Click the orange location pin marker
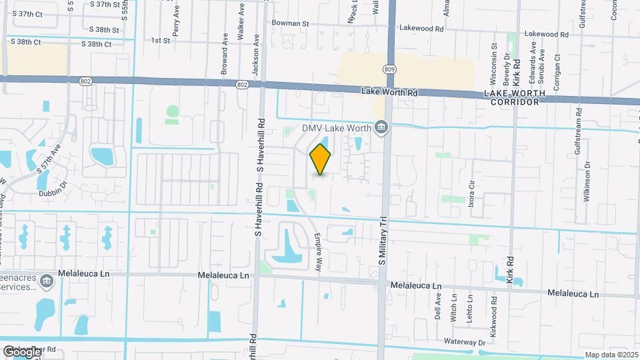click(x=321, y=159)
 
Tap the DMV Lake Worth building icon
click(x=381, y=127)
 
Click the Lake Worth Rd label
click(x=389, y=93)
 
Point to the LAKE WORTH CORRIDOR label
click(x=514, y=97)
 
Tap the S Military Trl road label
click(x=383, y=240)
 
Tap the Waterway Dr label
click(x=465, y=342)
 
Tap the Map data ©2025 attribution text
click(x=611, y=355)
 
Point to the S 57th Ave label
click(x=49, y=159)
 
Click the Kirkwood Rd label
click(x=494, y=311)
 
